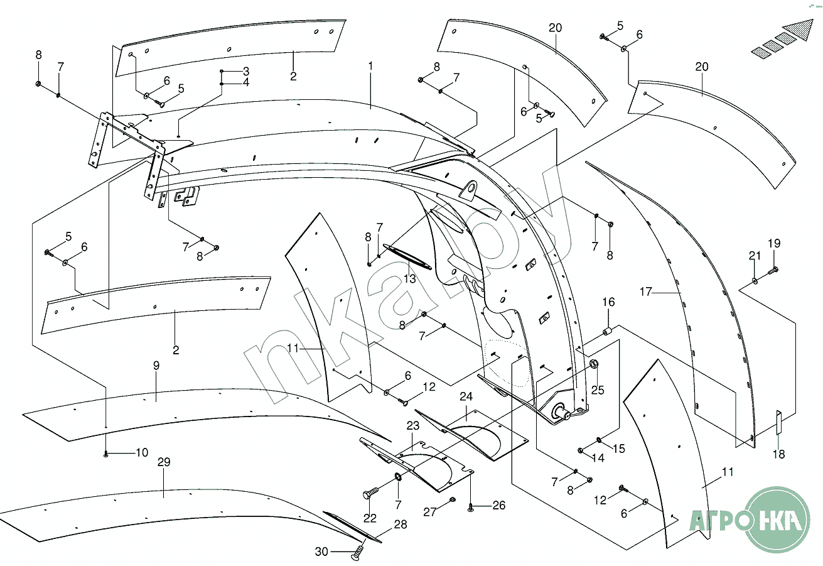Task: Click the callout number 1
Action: [x=371, y=65]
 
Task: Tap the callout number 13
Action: [x=410, y=279]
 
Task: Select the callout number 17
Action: [x=647, y=291]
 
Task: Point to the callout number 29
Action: [x=164, y=462]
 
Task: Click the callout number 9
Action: [x=156, y=365]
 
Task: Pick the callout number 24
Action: [x=466, y=397]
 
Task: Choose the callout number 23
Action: [x=412, y=426]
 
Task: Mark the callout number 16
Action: [x=609, y=303]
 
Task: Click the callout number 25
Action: [x=598, y=390]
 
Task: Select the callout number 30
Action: [x=322, y=552]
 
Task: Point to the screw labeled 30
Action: [x=357, y=552]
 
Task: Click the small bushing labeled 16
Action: [x=607, y=331]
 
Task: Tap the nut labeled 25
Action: [x=593, y=364]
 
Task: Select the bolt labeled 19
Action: [x=772, y=270]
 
